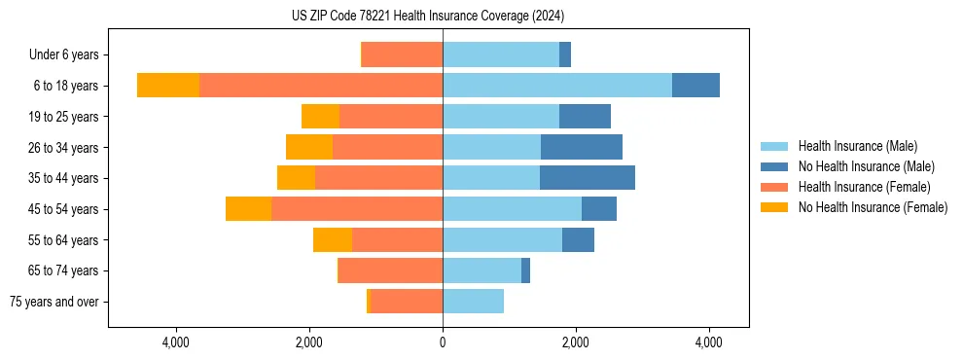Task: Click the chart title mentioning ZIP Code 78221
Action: coord(427,17)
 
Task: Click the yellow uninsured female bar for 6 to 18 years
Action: coord(168,86)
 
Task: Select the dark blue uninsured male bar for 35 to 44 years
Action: coord(588,178)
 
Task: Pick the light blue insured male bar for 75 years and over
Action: coord(473,302)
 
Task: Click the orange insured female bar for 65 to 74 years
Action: coord(390,270)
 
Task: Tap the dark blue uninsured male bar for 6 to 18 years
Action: coord(695,86)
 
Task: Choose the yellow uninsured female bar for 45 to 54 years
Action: coord(248,209)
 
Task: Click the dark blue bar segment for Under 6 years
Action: coord(565,54)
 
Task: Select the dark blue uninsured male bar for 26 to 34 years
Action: coord(582,147)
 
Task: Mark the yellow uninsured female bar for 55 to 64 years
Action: coord(333,239)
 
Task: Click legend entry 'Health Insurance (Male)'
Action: coord(857,146)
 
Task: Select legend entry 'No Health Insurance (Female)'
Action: coord(873,207)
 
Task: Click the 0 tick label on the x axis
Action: coord(443,342)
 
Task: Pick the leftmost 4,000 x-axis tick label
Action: coord(176,342)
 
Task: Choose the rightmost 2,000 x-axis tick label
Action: coord(576,342)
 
